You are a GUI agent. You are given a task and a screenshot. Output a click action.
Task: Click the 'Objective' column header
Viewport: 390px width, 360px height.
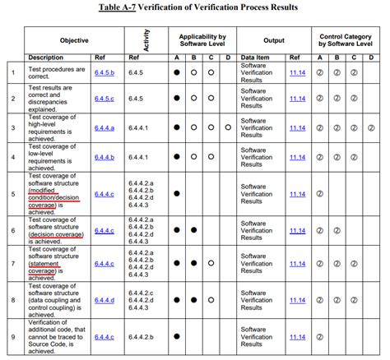tap(74, 39)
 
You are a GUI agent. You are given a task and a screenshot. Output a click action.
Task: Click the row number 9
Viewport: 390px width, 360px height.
tap(12, 337)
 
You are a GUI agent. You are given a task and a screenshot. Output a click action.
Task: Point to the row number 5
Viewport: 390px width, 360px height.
tap(12, 194)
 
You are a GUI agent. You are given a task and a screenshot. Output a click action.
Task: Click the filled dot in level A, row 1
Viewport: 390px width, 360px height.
tap(176, 72)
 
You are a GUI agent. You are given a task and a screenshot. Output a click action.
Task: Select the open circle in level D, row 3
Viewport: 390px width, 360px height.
tap(228, 127)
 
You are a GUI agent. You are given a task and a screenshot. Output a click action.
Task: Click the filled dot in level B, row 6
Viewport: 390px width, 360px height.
tap(194, 231)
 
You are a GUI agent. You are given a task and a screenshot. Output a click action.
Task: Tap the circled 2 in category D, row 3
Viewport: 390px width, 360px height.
tap(372, 127)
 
